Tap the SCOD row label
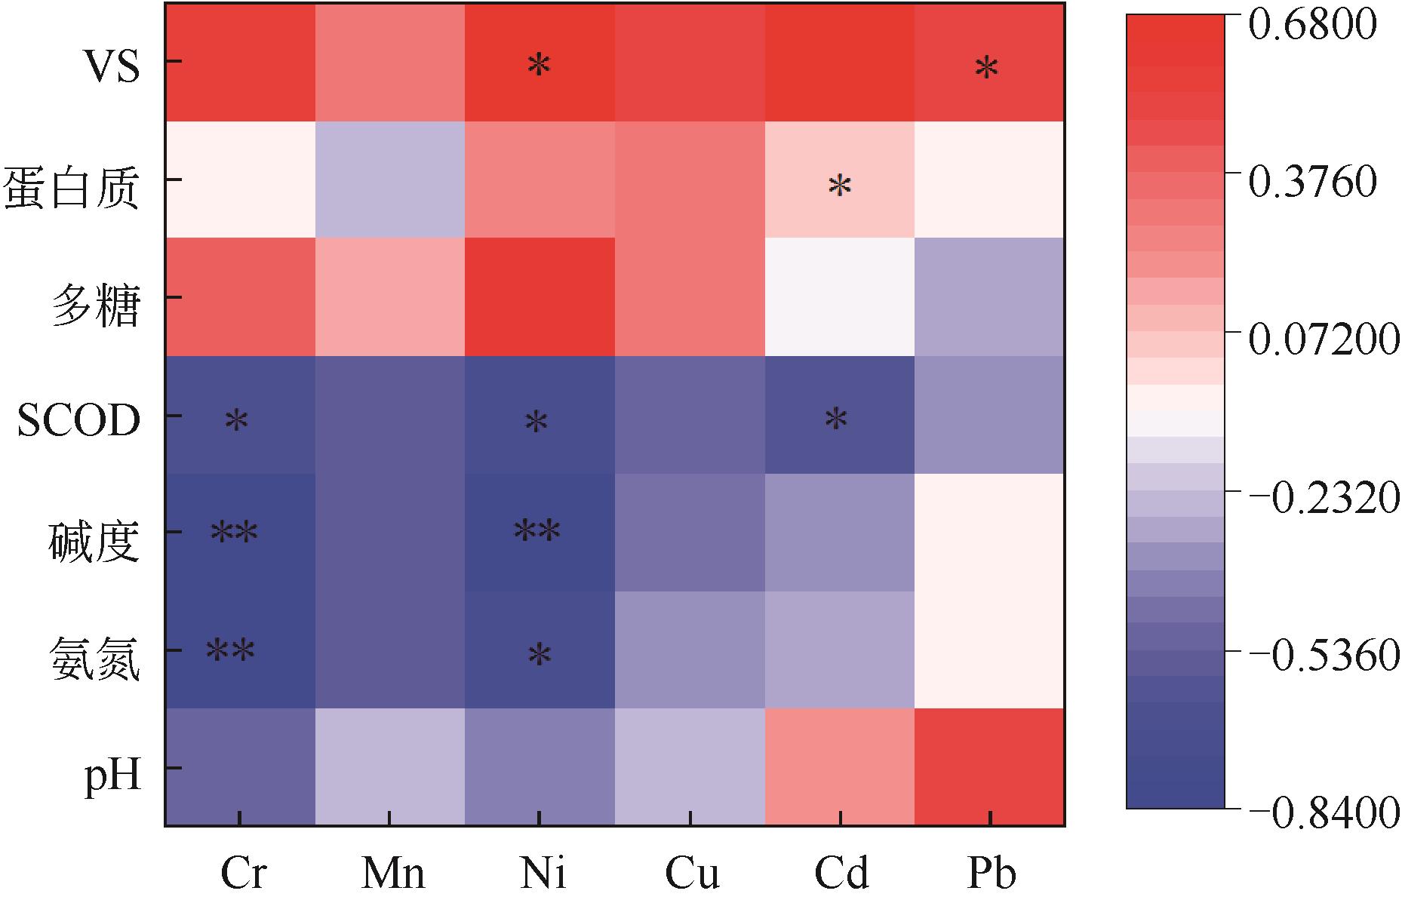point(78,421)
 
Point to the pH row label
point(113,775)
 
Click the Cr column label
point(243,873)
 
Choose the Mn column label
point(392,873)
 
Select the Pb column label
point(991,873)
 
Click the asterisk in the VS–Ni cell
point(539,66)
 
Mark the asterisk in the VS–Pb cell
point(986,69)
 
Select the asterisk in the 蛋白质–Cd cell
point(839,186)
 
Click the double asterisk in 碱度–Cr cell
point(234,533)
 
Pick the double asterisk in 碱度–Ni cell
point(537,532)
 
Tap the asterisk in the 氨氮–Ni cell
point(539,655)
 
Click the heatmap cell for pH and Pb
point(988,766)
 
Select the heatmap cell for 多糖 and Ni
point(539,296)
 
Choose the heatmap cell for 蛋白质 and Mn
point(389,180)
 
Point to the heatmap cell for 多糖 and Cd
point(839,296)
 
